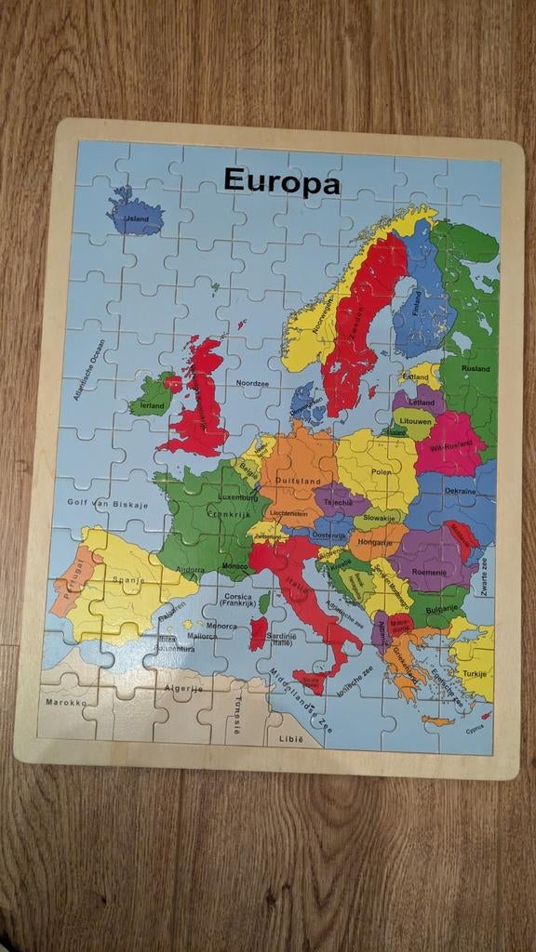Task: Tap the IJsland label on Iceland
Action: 137,219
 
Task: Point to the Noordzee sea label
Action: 251,382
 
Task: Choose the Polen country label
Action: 382,472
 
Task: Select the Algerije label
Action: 183,689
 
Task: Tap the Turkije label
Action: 476,673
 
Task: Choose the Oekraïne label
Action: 460,490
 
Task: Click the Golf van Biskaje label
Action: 105,502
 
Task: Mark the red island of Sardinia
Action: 258,633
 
